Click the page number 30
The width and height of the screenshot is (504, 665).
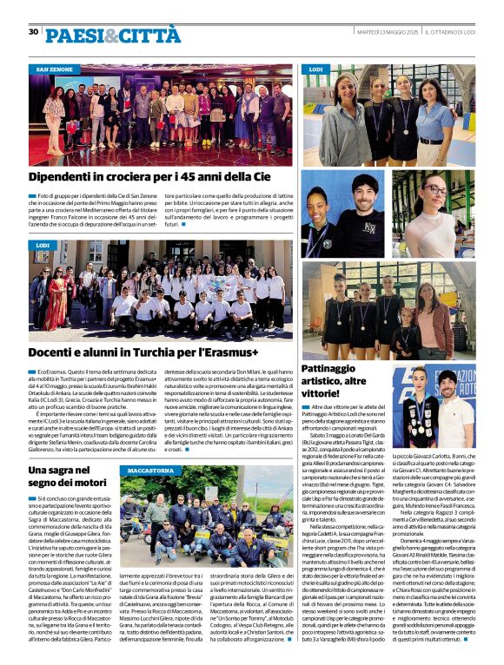[x=33, y=31]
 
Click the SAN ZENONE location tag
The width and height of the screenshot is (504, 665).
[x=54, y=68]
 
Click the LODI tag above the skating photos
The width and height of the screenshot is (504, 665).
[x=316, y=68]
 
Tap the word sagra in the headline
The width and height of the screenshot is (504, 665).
[x=61, y=470]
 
